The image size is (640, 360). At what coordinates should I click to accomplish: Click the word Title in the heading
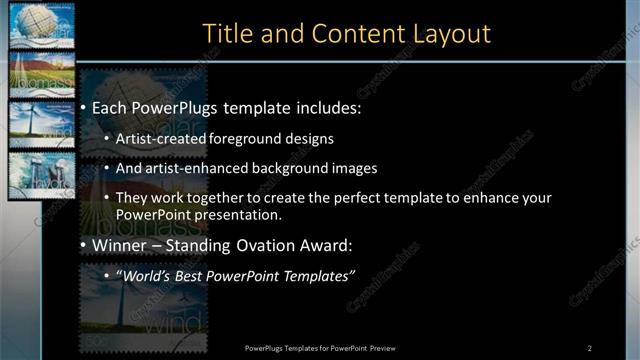[226, 33]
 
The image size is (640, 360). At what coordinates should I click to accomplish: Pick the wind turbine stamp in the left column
[35, 124]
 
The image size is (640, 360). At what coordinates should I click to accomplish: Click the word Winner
[119, 245]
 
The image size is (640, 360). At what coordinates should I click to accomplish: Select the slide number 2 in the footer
[590, 347]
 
